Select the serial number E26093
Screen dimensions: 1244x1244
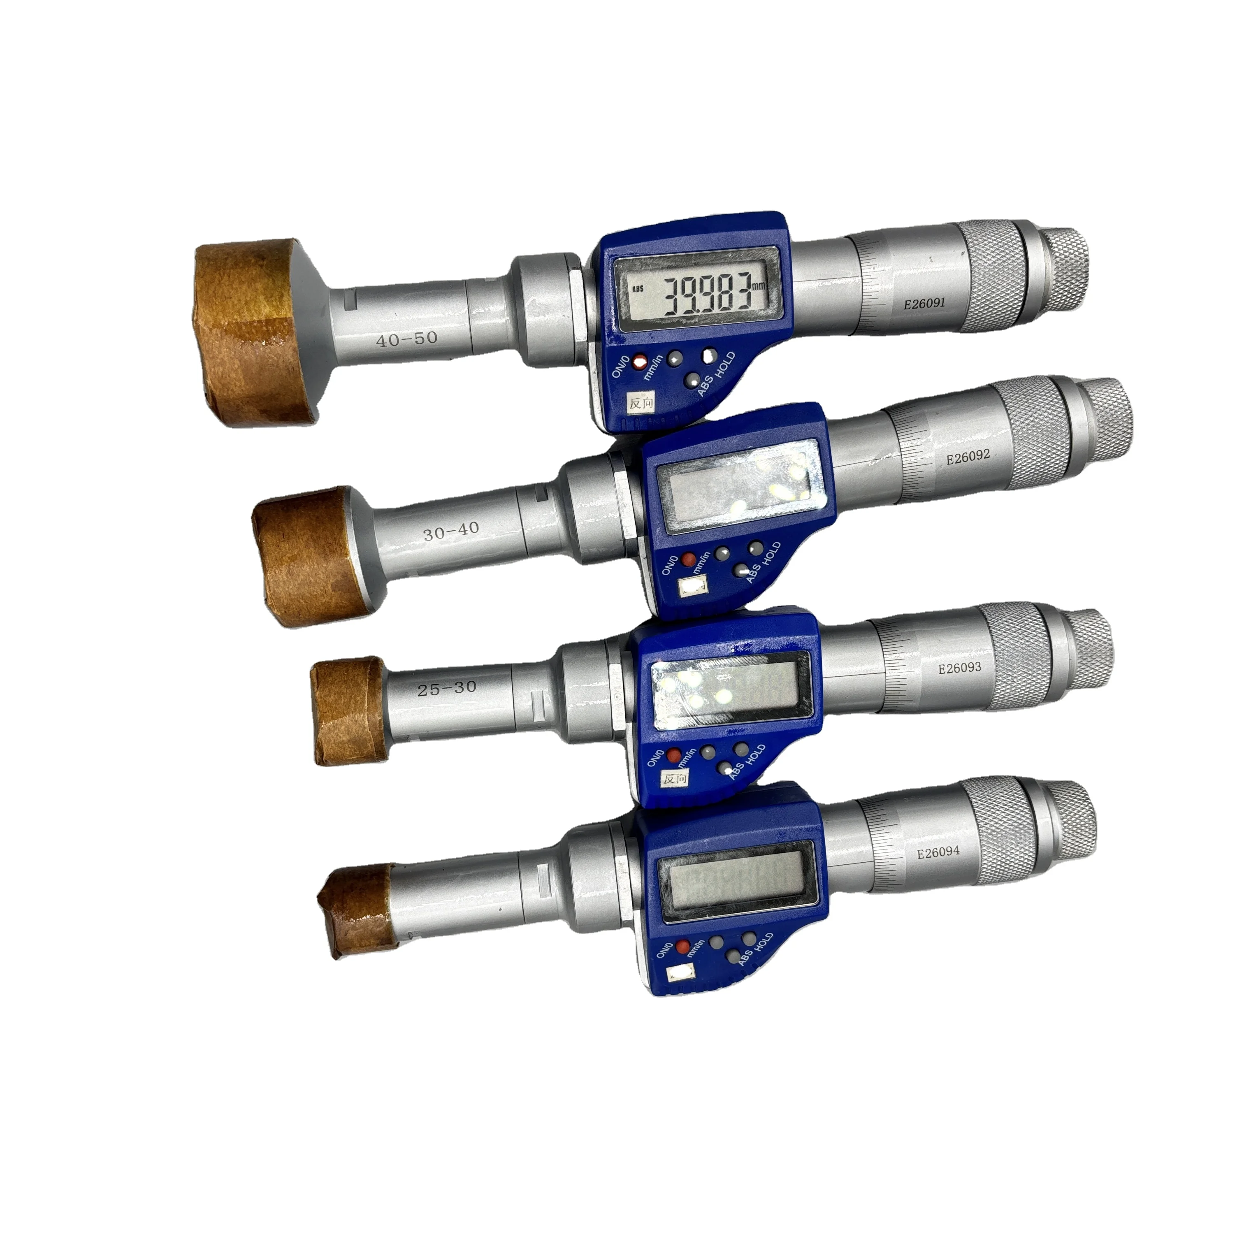pos(959,668)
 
